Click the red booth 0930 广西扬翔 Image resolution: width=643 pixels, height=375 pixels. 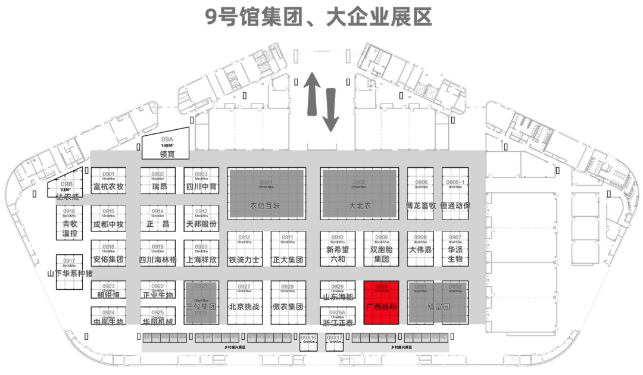380,302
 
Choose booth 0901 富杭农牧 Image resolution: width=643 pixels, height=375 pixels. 108,181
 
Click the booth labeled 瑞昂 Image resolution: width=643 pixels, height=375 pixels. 158,181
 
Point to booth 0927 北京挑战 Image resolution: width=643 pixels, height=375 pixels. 244,302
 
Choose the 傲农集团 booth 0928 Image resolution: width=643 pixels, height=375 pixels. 288,302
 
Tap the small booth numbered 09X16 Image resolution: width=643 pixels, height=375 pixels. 308,340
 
